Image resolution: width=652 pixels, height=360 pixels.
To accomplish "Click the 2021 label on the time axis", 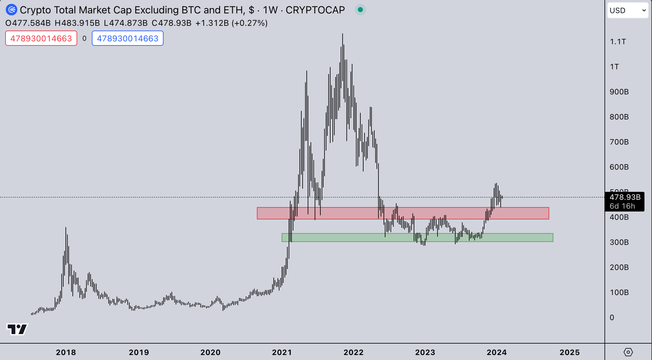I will tap(282, 352).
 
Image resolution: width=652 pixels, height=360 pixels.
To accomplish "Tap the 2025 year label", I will tap(569, 352).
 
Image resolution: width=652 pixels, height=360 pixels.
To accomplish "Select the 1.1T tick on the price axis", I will tap(618, 42).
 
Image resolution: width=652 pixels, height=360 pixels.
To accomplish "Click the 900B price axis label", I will tap(619, 92).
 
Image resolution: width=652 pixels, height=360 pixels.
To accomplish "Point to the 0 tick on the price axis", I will tap(612, 318).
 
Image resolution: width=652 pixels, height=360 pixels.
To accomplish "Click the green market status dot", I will tap(360, 10).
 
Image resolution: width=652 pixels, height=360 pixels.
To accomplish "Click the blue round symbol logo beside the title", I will tap(11, 10).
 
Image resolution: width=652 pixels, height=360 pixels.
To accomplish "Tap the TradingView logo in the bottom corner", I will tap(17, 329).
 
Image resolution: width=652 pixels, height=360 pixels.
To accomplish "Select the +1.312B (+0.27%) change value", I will tap(231, 23).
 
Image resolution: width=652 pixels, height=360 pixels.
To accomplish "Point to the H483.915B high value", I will tap(77, 23).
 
